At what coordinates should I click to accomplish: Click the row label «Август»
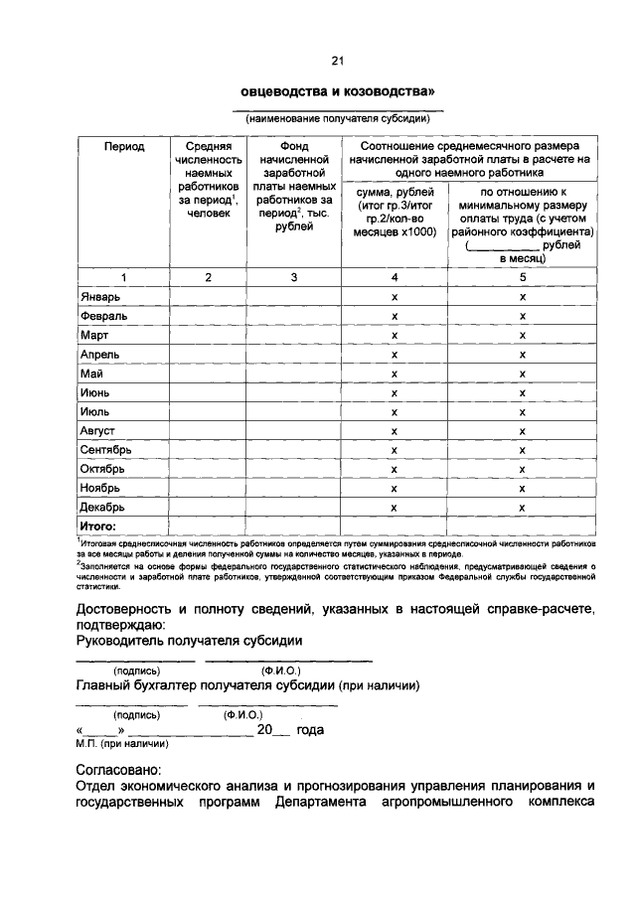tap(98, 430)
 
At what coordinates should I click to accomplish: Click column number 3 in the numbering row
tap(294, 277)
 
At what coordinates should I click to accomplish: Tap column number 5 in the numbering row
tap(523, 277)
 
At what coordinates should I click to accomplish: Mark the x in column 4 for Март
tap(395, 336)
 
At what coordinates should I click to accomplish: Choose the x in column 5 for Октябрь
tap(523, 469)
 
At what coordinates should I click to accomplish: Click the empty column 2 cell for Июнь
tap(208, 392)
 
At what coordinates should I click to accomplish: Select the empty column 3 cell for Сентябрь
tap(294, 450)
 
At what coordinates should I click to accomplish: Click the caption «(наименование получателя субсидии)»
tap(338, 118)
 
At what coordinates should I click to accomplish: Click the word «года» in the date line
tap(310, 729)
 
